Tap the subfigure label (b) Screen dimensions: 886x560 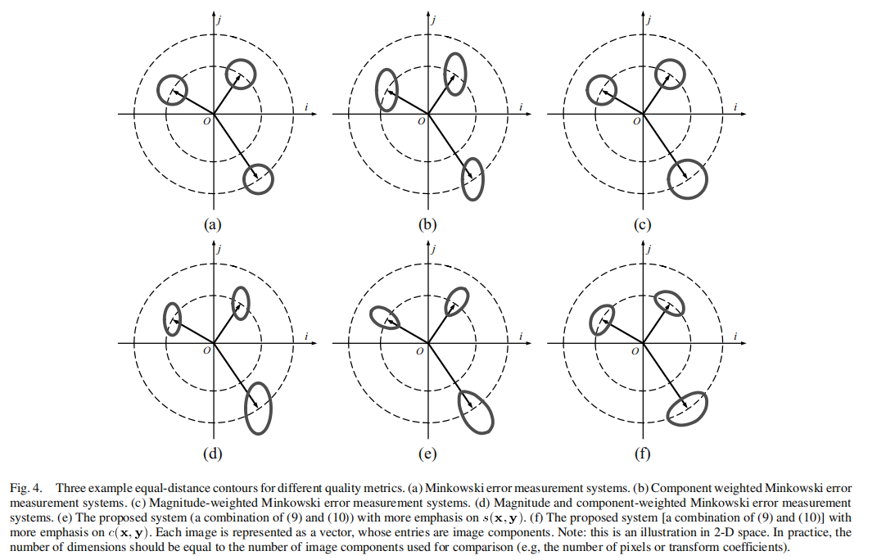427,224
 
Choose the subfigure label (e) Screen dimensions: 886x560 427,452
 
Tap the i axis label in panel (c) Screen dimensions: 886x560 735,106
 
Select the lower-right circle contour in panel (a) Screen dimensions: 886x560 259,178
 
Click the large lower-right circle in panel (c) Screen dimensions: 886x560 686,179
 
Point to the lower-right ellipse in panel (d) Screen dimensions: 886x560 259,408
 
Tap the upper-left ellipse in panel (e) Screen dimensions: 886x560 385,317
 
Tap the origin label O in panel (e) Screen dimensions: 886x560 421,350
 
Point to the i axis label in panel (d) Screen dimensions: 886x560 305,336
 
